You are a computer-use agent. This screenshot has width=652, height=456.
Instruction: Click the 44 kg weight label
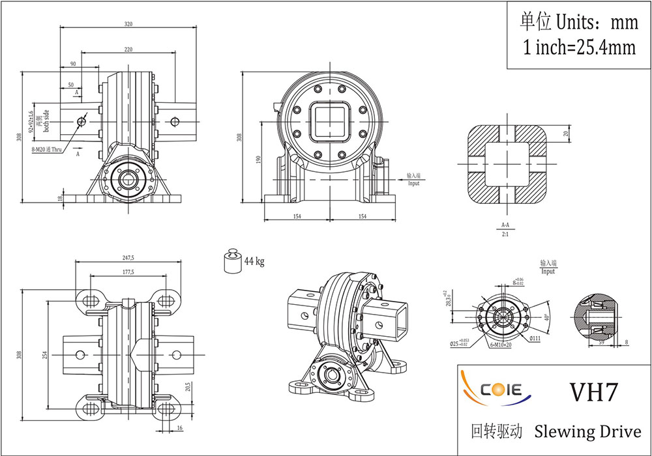254,262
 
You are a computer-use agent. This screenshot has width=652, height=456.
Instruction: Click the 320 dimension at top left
128,24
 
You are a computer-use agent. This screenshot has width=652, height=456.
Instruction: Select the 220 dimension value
128,49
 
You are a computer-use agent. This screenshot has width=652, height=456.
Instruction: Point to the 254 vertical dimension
46,355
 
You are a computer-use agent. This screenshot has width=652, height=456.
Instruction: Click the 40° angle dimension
547,317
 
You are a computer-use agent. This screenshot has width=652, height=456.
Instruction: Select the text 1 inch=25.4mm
579,48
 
